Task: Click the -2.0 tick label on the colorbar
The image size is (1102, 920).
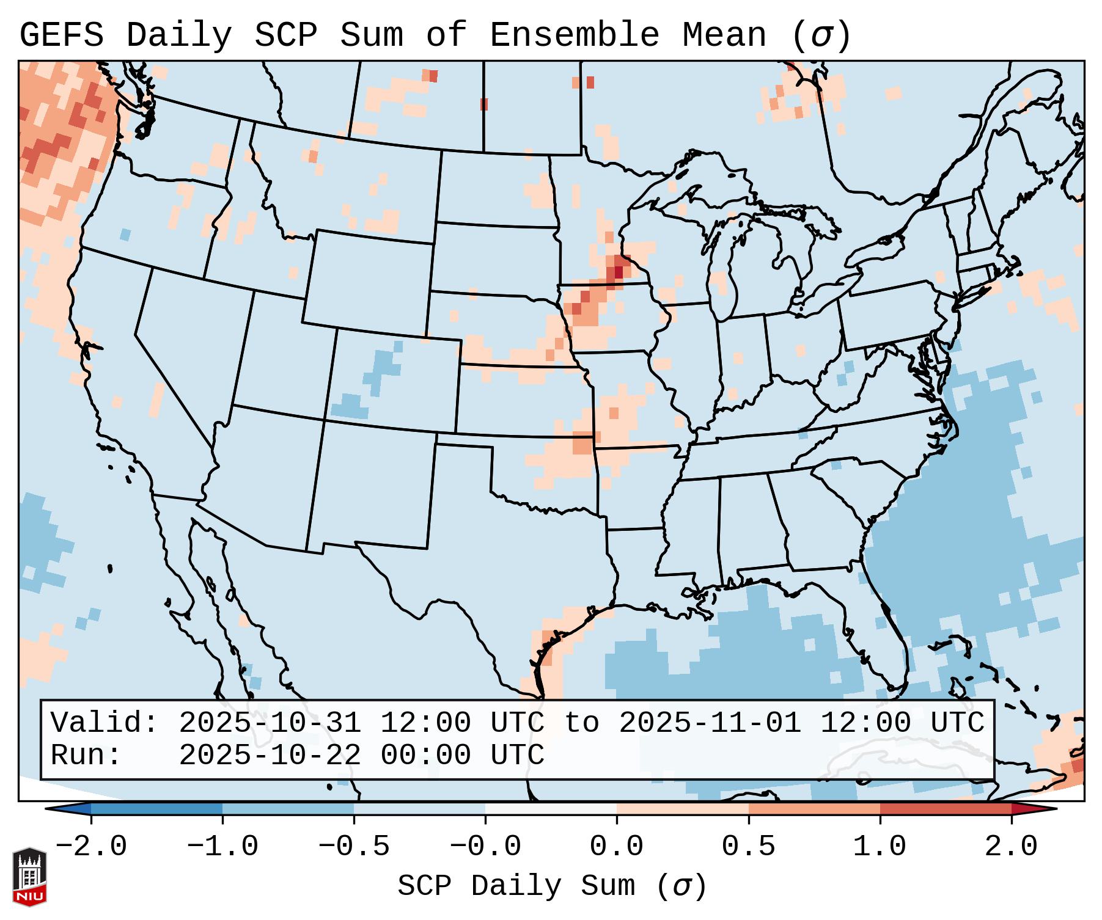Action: [x=91, y=847]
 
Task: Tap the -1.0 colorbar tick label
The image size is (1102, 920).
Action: [x=222, y=847]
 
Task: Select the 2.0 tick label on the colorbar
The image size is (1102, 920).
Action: [x=1012, y=847]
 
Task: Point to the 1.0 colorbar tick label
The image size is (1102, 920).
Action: [x=880, y=847]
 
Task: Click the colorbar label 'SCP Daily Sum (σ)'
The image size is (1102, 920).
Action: [x=552, y=886]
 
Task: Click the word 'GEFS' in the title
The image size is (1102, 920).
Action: [x=62, y=35]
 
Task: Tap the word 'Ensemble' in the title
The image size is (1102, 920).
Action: [x=574, y=35]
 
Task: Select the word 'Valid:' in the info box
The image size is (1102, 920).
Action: [x=105, y=723]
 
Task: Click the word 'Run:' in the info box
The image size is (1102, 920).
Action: [x=86, y=755]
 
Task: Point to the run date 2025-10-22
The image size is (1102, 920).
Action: [x=270, y=755]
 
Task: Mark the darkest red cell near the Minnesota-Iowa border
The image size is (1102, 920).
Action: [x=619, y=271]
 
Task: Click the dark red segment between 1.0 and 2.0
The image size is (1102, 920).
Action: [x=946, y=809]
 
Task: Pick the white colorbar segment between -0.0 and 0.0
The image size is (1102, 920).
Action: [x=551, y=809]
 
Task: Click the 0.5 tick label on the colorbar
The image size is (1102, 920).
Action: [x=749, y=847]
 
